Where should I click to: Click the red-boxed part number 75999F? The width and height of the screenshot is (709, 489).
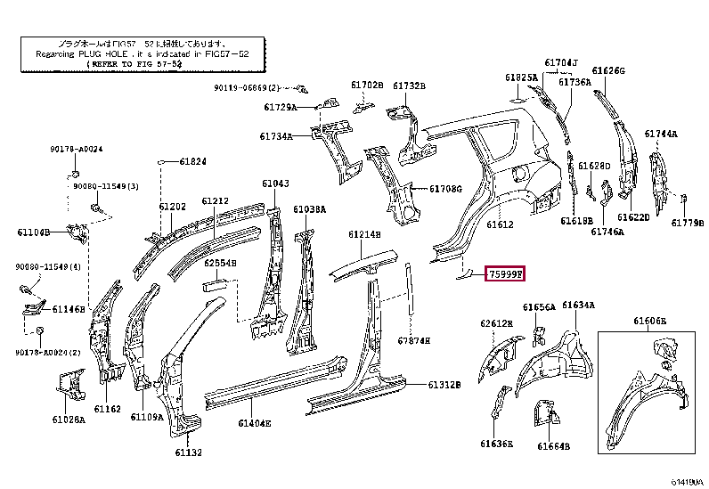click(x=506, y=274)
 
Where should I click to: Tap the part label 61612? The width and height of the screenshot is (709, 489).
click(x=500, y=225)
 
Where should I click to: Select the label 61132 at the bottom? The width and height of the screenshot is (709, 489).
click(x=188, y=452)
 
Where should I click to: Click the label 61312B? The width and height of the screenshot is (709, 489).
click(x=444, y=385)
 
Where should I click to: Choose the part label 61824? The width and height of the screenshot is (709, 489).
click(x=192, y=161)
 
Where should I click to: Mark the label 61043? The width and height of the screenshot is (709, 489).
click(x=275, y=183)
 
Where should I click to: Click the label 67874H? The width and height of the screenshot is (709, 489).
click(x=414, y=340)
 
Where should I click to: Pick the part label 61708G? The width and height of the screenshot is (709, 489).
click(x=445, y=189)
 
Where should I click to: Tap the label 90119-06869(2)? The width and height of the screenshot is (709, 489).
click(x=246, y=87)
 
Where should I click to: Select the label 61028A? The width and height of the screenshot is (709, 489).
click(x=69, y=419)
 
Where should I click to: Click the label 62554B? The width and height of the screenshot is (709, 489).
click(x=219, y=263)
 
